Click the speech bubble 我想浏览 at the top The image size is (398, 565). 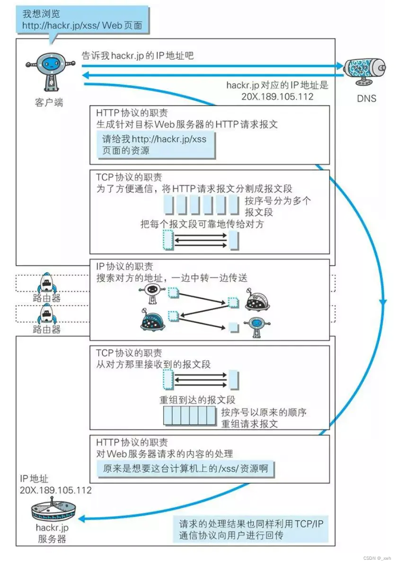tap(82, 19)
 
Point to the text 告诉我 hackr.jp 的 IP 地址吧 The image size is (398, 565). tap(138, 56)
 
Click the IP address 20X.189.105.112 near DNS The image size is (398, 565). tap(277, 96)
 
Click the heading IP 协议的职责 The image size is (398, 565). tap(124, 267)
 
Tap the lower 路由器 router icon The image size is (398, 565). tap(47, 313)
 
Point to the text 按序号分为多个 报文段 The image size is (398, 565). tap(278, 206)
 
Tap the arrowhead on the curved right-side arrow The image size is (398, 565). tap(382, 301)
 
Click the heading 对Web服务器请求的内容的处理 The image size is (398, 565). tap(164, 454)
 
